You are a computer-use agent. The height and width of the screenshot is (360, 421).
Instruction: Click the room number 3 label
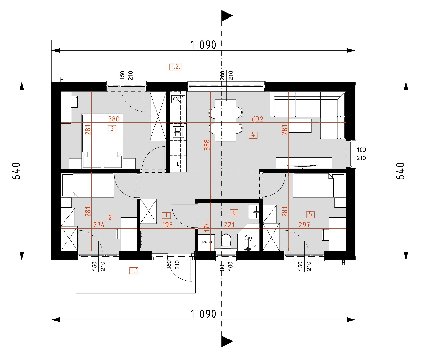click(112, 129)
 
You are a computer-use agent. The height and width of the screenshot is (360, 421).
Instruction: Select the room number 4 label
click(253, 135)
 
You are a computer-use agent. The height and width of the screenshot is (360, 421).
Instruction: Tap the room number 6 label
click(234, 213)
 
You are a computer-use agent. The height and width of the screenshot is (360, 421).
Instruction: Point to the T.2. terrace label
click(175, 67)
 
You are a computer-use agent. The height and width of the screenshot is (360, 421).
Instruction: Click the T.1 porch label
click(134, 271)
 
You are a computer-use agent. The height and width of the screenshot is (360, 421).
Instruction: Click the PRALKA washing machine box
click(206, 242)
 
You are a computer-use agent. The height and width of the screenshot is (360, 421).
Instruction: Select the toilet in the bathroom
click(226, 241)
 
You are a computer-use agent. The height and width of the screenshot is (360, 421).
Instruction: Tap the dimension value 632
click(257, 119)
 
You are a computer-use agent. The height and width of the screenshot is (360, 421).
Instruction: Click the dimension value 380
click(114, 119)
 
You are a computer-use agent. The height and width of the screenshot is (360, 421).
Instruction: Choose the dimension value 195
click(168, 225)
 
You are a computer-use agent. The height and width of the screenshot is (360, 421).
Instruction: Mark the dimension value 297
click(304, 225)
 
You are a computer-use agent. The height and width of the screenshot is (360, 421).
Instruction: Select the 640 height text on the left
click(17, 170)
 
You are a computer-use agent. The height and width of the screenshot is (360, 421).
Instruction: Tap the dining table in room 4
click(226, 120)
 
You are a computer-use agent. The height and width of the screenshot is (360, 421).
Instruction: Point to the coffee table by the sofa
click(300, 125)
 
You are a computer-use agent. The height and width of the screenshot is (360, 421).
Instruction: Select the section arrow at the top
click(226, 16)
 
